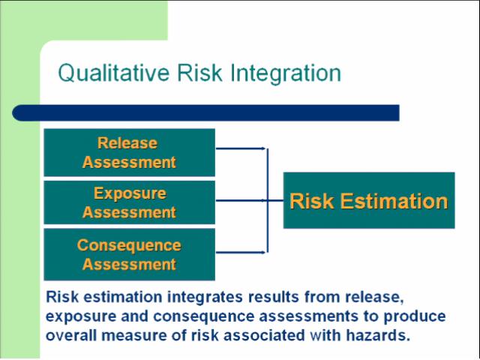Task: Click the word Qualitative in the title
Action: point(113,73)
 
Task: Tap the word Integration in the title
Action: point(286,73)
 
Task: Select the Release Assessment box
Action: point(130,152)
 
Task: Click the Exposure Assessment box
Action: point(130,202)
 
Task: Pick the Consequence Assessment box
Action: point(130,254)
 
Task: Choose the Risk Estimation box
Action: point(369,200)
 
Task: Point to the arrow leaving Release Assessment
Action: point(241,148)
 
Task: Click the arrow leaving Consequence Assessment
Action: point(241,252)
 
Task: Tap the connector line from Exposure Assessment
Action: point(250,200)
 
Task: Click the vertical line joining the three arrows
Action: point(268,200)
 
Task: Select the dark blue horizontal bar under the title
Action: point(205,112)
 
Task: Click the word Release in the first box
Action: point(127,143)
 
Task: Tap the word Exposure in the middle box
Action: point(130,193)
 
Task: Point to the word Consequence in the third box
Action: point(129,245)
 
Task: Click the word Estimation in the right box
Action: point(394,201)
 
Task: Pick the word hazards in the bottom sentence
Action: point(378,335)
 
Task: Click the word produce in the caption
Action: point(415,316)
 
